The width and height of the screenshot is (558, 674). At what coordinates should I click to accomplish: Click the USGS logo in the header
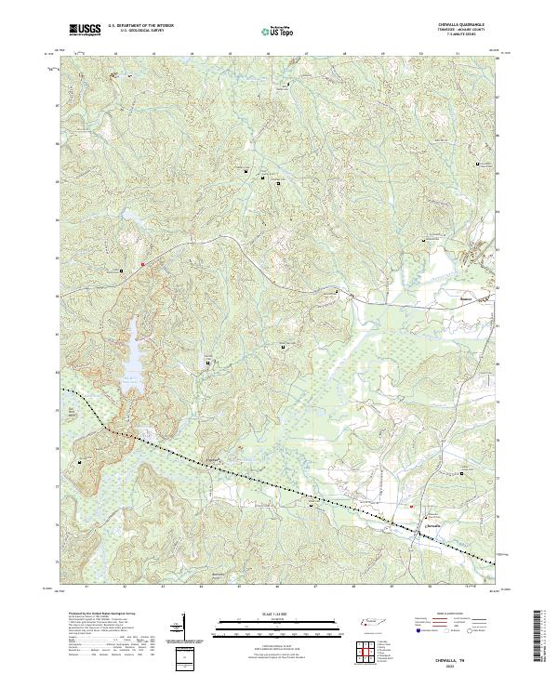pyautogui.click(x=85, y=30)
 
